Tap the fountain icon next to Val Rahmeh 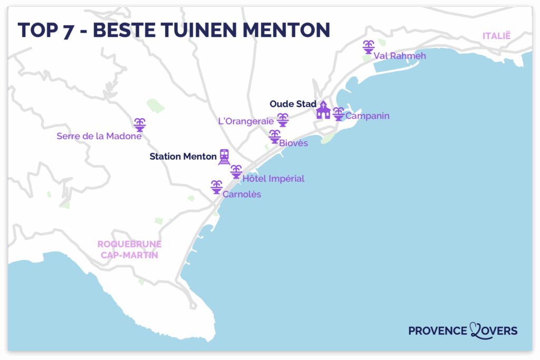pyautogui.click(x=368, y=47)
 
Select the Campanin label pyautogui.click(x=367, y=116)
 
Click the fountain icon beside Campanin pyautogui.click(x=339, y=113)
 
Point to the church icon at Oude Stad pyautogui.click(x=323, y=111)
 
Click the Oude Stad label pyautogui.click(x=293, y=104)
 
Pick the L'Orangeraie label pyautogui.click(x=246, y=121)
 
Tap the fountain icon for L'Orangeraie pyautogui.click(x=283, y=120)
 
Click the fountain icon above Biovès pyautogui.click(x=275, y=136)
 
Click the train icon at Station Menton pyautogui.click(x=225, y=157)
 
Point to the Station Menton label pyautogui.click(x=183, y=157)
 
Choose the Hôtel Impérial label pyautogui.click(x=273, y=179)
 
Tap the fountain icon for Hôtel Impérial pyautogui.click(x=236, y=171)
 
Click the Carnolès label pyautogui.click(x=242, y=194)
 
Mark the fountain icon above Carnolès pyautogui.click(x=216, y=187)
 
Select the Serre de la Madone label pyautogui.click(x=99, y=136)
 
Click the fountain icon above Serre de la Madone pyautogui.click(x=140, y=124)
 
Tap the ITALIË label pyautogui.click(x=497, y=35)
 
